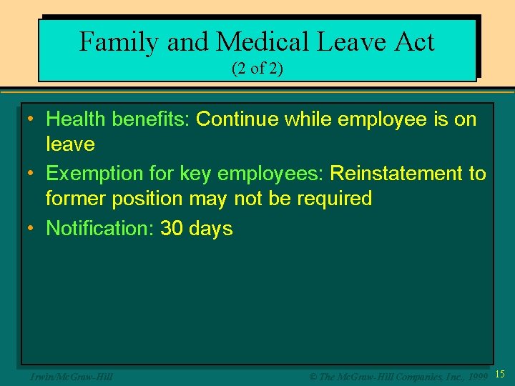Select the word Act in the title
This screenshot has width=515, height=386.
click(413, 42)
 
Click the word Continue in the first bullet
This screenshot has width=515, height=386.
click(237, 119)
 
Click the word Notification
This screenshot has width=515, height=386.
click(95, 229)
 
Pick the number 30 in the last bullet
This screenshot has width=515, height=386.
click(172, 229)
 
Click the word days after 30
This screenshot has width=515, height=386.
click(211, 229)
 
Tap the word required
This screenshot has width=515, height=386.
click(331, 199)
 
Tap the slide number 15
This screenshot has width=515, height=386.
click(500, 374)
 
